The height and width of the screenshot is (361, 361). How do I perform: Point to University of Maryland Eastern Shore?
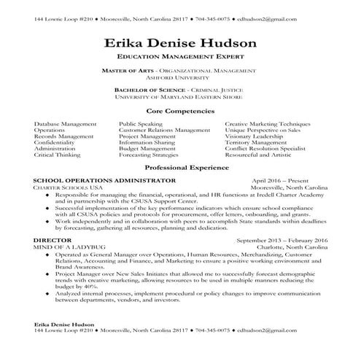coord(180,96)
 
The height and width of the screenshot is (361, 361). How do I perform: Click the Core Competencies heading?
coord(180,111)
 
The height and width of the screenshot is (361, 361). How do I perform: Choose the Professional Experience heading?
coord(180,167)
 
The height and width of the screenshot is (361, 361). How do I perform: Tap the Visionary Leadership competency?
coord(255,136)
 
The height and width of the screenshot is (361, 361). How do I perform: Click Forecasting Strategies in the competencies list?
coord(149,155)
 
